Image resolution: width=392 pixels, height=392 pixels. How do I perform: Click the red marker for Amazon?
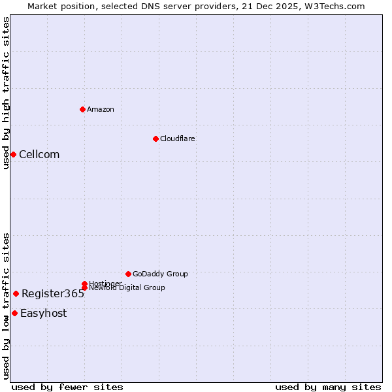(82, 109)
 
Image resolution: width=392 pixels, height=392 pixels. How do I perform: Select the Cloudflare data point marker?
(155, 139)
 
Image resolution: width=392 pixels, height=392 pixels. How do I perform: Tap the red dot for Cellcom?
(13, 154)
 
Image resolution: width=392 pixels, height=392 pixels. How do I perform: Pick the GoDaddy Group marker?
(128, 274)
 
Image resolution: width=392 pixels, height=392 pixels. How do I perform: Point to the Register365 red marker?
(16, 293)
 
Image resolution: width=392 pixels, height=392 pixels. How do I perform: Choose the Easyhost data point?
(14, 313)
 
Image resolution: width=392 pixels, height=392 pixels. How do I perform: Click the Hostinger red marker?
(84, 284)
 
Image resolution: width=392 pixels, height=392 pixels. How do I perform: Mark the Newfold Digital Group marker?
(84, 287)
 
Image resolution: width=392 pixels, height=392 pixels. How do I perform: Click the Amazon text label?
(100, 109)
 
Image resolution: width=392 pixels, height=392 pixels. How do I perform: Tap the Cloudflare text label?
(177, 139)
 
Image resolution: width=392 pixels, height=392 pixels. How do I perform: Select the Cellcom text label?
(39, 154)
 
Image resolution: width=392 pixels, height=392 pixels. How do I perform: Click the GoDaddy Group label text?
(160, 274)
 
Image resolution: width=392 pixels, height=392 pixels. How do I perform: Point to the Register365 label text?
(53, 293)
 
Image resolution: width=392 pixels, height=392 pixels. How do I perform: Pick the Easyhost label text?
(43, 313)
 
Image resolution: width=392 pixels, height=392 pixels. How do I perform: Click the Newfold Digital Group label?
(127, 288)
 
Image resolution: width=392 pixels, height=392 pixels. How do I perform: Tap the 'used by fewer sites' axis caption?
(67, 387)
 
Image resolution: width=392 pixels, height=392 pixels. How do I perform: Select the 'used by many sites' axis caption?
(328, 387)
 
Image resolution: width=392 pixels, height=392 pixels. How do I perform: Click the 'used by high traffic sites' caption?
(6, 93)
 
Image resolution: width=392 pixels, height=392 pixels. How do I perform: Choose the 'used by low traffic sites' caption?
(6, 305)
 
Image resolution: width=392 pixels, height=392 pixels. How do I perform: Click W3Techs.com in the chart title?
(335, 6)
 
